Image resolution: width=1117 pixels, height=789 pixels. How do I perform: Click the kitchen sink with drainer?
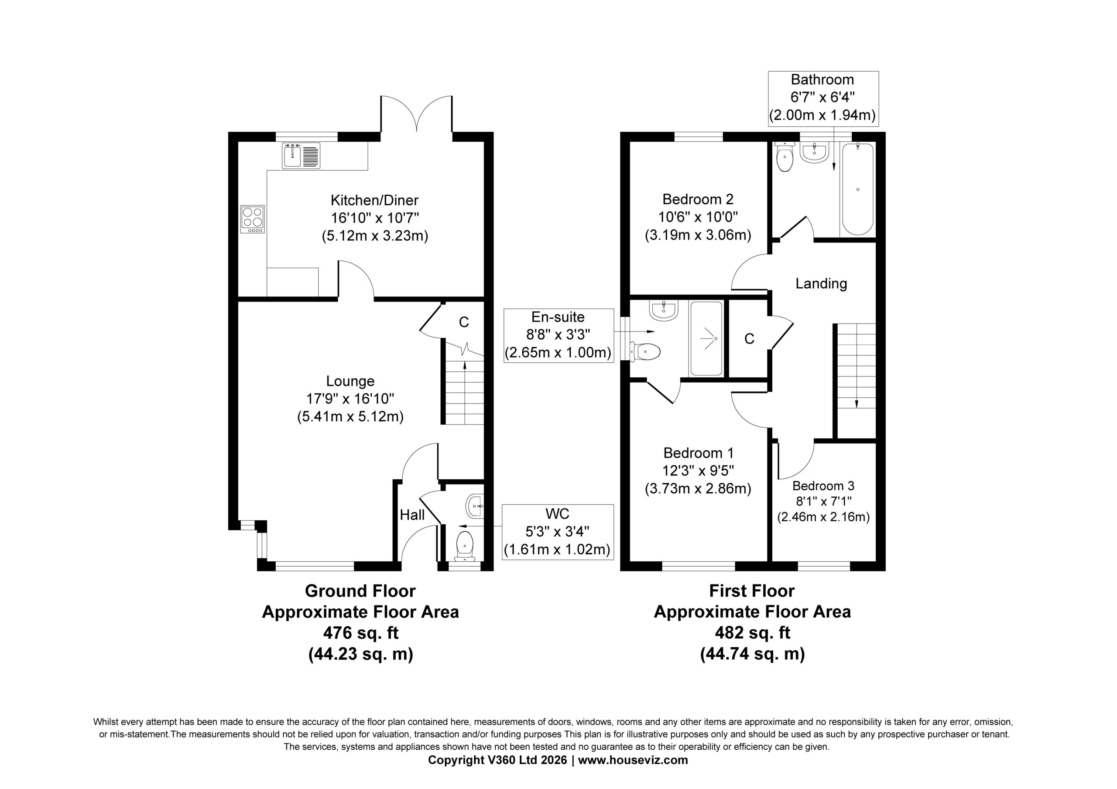[x=301, y=156]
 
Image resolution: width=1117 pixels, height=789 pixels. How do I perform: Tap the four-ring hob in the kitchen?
[x=253, y=219]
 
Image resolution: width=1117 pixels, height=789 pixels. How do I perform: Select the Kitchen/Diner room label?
[x=375, y=200]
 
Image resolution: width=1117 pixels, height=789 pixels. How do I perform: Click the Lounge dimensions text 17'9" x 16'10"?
[x=350, y=399]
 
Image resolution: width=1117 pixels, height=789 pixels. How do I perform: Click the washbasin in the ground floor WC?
[x=474, y=506]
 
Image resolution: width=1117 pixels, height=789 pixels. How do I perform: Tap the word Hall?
[x=412, y=515]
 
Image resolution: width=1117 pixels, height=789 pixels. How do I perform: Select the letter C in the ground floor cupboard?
[x=464, y=322]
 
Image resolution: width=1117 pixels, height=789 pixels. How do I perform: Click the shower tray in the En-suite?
[x=706, y=338]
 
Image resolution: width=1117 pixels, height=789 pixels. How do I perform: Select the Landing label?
[x=821, y=283]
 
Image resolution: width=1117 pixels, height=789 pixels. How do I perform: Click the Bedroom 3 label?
[x=823, y=485]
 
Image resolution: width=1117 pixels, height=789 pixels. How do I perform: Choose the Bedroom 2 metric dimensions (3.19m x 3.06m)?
[x=698, y=236]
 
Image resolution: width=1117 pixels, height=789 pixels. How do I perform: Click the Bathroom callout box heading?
[x=822, y=79]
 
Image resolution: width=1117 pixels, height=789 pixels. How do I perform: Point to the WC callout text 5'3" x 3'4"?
[x=557, y=532]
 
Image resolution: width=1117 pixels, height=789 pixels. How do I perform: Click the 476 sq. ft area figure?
[x=361, y=633]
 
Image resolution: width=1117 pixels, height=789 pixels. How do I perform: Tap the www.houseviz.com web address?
[x=633, y=760]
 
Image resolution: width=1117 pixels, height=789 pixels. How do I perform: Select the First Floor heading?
[x=752, y=591]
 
